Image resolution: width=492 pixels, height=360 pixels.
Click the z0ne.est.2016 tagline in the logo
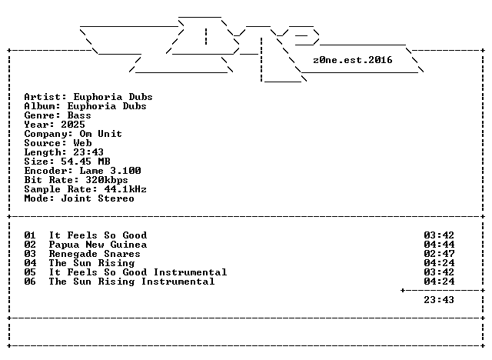(x=353, y=60)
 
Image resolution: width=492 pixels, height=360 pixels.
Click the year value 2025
(x=73, y=125)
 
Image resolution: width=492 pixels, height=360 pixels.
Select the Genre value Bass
(x=79, y=115)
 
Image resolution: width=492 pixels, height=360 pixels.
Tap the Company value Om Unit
(x=101, y=134)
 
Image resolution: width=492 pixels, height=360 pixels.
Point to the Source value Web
(x=82, y=143)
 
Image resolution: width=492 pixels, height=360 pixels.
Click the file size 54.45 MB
(x=85, y=162)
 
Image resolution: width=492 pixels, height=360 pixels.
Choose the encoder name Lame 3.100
(x=110, y=171)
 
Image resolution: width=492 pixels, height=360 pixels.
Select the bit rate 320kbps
(x=107, y=180)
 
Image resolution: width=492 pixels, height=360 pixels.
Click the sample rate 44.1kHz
(x=125, y=189)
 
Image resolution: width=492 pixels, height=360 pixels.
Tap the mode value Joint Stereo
(x=98, y=198)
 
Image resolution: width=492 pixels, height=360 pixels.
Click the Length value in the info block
(x=88, y=152)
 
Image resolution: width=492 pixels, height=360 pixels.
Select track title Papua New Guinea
(x=98, y=245)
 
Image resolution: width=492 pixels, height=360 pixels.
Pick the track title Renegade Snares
(x=95, y=254)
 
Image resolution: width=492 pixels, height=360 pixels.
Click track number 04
(x=30, y=263)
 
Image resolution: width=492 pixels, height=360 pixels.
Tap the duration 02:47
(x=439, y=254)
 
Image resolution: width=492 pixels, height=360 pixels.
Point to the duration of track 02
(x=439, y=245)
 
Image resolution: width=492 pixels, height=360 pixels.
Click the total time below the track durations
(x=439, y=300)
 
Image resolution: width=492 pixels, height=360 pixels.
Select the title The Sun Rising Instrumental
(x=131, y=282)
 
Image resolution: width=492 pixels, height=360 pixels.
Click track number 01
(x=30, y=235)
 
